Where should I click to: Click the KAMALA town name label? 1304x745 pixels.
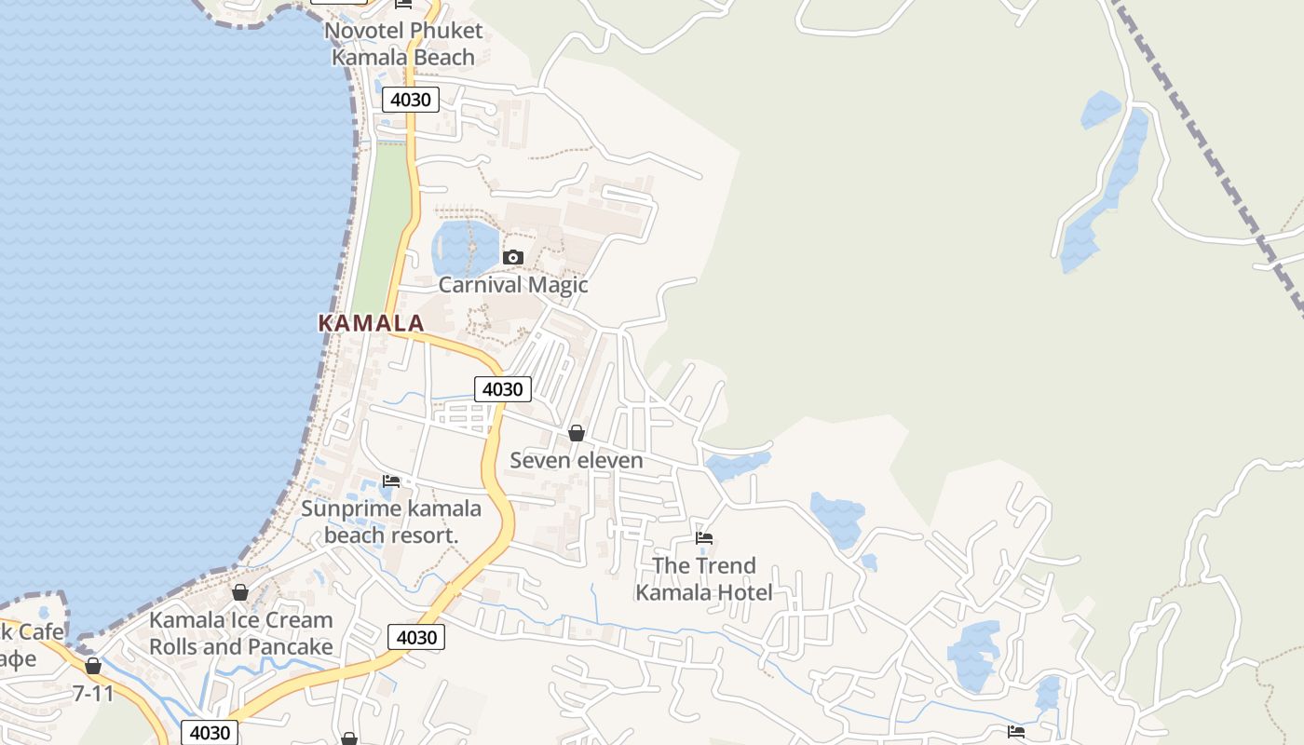pyautogui.click(x=371, y=323)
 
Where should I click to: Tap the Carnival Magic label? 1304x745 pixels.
pyautogui.click(x=513, y=284)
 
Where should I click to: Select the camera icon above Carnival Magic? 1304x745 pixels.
pyautogui.click(x=512, y=257)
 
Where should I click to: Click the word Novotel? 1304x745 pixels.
pyautogui.click(x=364, y=31)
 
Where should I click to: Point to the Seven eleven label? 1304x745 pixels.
pyautogui.click(x=577, y=460)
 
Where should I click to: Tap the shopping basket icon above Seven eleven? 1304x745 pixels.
pyautogui.click(x=577, y=433)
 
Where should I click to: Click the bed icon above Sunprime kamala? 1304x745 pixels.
pyautogui.click(x=391, y=481)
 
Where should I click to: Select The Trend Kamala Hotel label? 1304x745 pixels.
pyautogui.click(x=704, y=578)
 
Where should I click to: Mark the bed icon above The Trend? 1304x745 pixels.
pyautogui.click(x=704, y=537)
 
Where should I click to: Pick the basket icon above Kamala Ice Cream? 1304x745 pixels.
pyautogui.click(x=240, y=592)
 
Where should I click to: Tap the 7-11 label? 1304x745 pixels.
pyautogui.click(x=93, y=693)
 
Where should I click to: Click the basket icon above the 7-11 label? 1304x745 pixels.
pyautogui.click(x=93, y=666)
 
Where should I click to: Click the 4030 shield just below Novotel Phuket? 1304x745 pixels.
pyautogui.click(x=410, y=100)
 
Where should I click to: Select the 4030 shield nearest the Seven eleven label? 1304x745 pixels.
pyautogui.click(x=503, y=389)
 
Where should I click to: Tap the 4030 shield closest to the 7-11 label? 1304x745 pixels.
pyautogui.click(x=210, y=732)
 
